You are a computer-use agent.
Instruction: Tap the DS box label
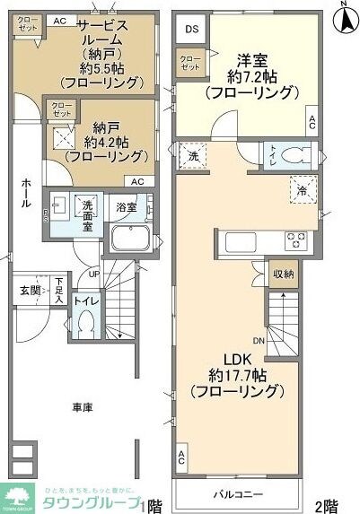(x=191, y=29)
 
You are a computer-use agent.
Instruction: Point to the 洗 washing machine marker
(x=193, y=155)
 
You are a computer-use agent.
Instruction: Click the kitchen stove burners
(x=297, y=240)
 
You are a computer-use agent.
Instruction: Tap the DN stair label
(x=259, y=341)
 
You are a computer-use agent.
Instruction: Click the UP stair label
(x=94, y=274)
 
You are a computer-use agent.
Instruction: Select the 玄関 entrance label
(x=30, y=290)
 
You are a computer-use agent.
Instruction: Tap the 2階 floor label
(x=326, y=504)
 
